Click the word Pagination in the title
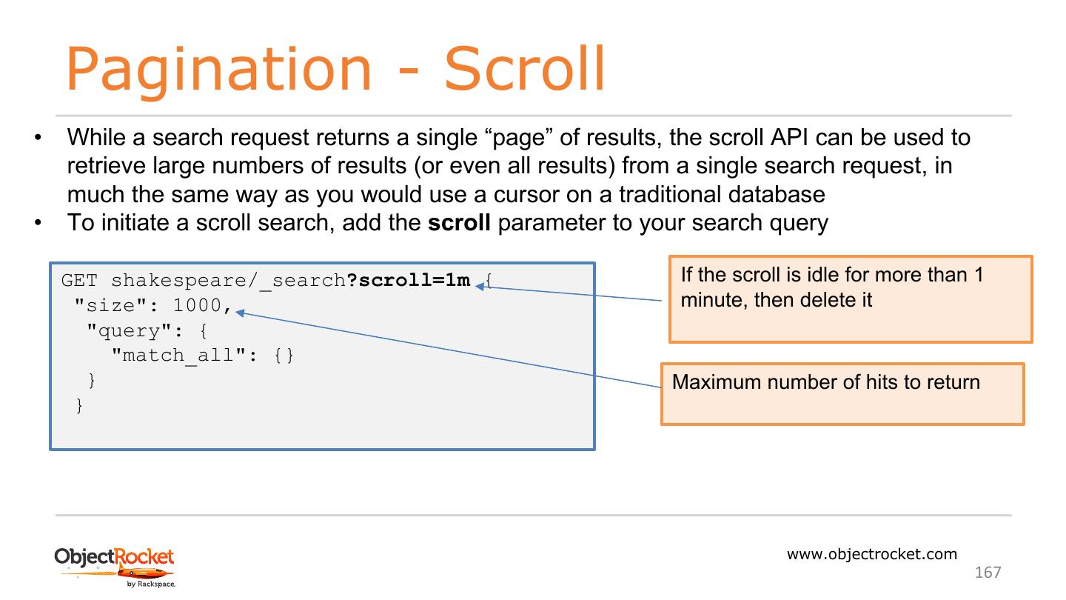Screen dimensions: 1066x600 (x=218, y=69)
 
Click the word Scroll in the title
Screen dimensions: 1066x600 (x=524, y=69)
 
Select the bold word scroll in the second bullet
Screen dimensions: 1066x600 (x=459, y=222)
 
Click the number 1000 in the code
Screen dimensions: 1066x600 (x=197, y=305)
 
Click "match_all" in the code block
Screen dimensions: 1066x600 (x=178, y=356)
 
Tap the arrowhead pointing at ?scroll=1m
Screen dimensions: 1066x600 (x=480, y=287)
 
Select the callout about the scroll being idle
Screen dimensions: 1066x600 (x=850, y=299)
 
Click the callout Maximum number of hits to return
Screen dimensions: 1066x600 (x=842, y=393)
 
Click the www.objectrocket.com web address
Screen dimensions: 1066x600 (x=871, y=554)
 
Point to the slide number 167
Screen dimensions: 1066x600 (x=988, y=572)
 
